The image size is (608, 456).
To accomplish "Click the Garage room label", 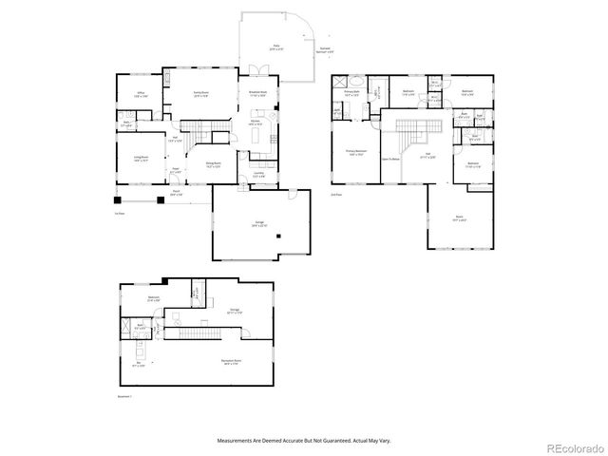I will point(259,224).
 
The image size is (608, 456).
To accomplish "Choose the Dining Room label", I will point(216,164).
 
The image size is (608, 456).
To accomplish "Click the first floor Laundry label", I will point(258,174).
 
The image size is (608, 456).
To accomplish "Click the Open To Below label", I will point(389,160).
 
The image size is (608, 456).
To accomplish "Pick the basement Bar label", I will point(139,363).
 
